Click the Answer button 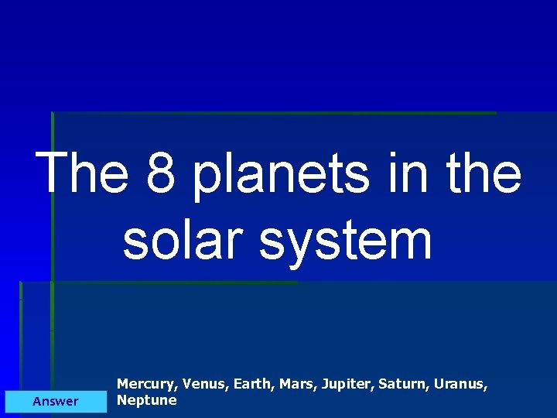tap(56, 401)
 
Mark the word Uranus tap(461, 384)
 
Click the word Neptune tap(146, 400)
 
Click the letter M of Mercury tap(123, 384)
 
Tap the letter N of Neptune tap(121, 400)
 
